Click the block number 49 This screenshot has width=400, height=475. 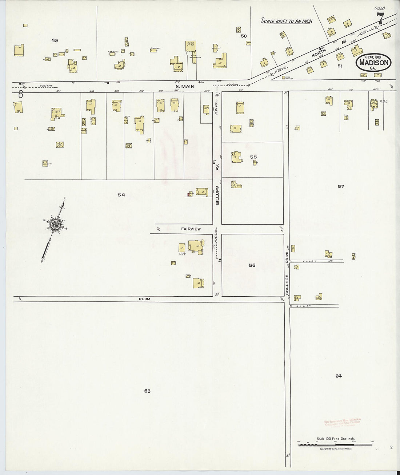coord(55,40)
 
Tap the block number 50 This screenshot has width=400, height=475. coord(244,36)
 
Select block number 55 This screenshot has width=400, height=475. coord(253,157)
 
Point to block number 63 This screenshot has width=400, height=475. coord(147,391)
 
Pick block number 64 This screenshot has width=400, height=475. coord(339,376)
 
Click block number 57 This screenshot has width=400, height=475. coord(341,186)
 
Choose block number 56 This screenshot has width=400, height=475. coord(252,265)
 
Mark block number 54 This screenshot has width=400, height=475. coord(121,195)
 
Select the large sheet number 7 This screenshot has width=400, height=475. coord(380,18)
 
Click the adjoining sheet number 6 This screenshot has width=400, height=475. coord(20,94)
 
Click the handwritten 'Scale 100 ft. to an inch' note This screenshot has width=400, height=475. coord(286,21)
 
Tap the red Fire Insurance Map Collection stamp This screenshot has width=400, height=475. coord(342,423)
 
